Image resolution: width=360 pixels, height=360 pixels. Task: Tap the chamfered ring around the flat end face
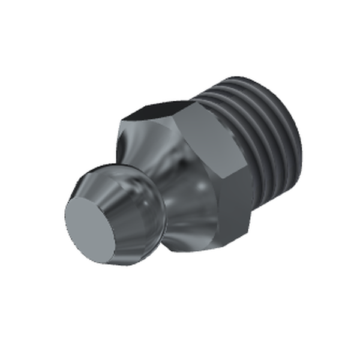pyautogui.click(x=120, y=204)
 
